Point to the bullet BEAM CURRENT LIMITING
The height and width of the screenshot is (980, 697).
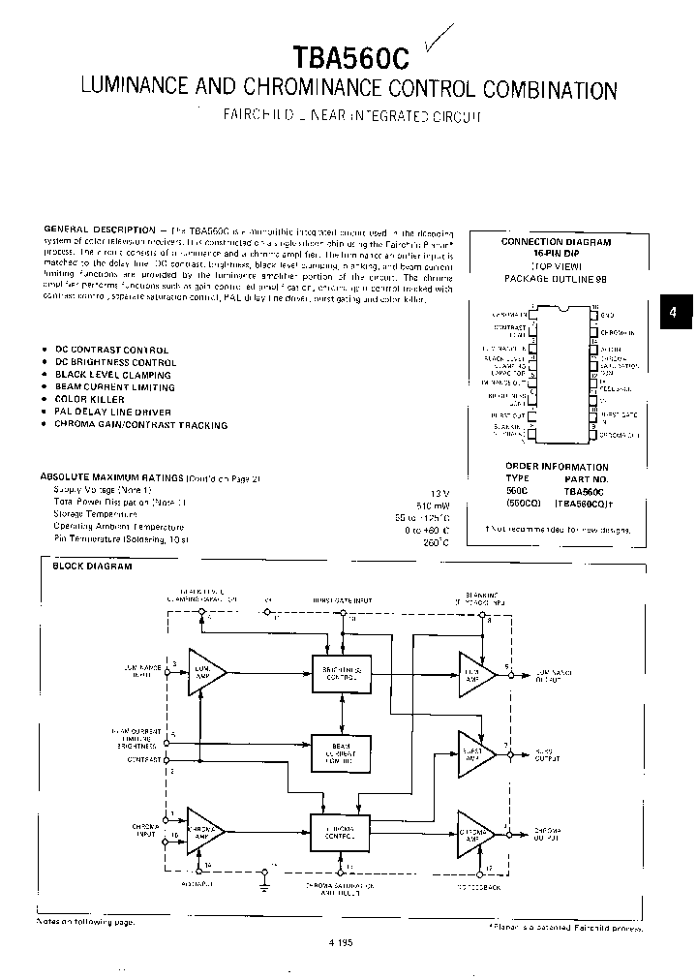[x=114, y=386]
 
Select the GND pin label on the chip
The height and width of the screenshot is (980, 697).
[x=607, y=315]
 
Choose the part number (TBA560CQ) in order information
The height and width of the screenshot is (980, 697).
[x=580, y=503]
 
